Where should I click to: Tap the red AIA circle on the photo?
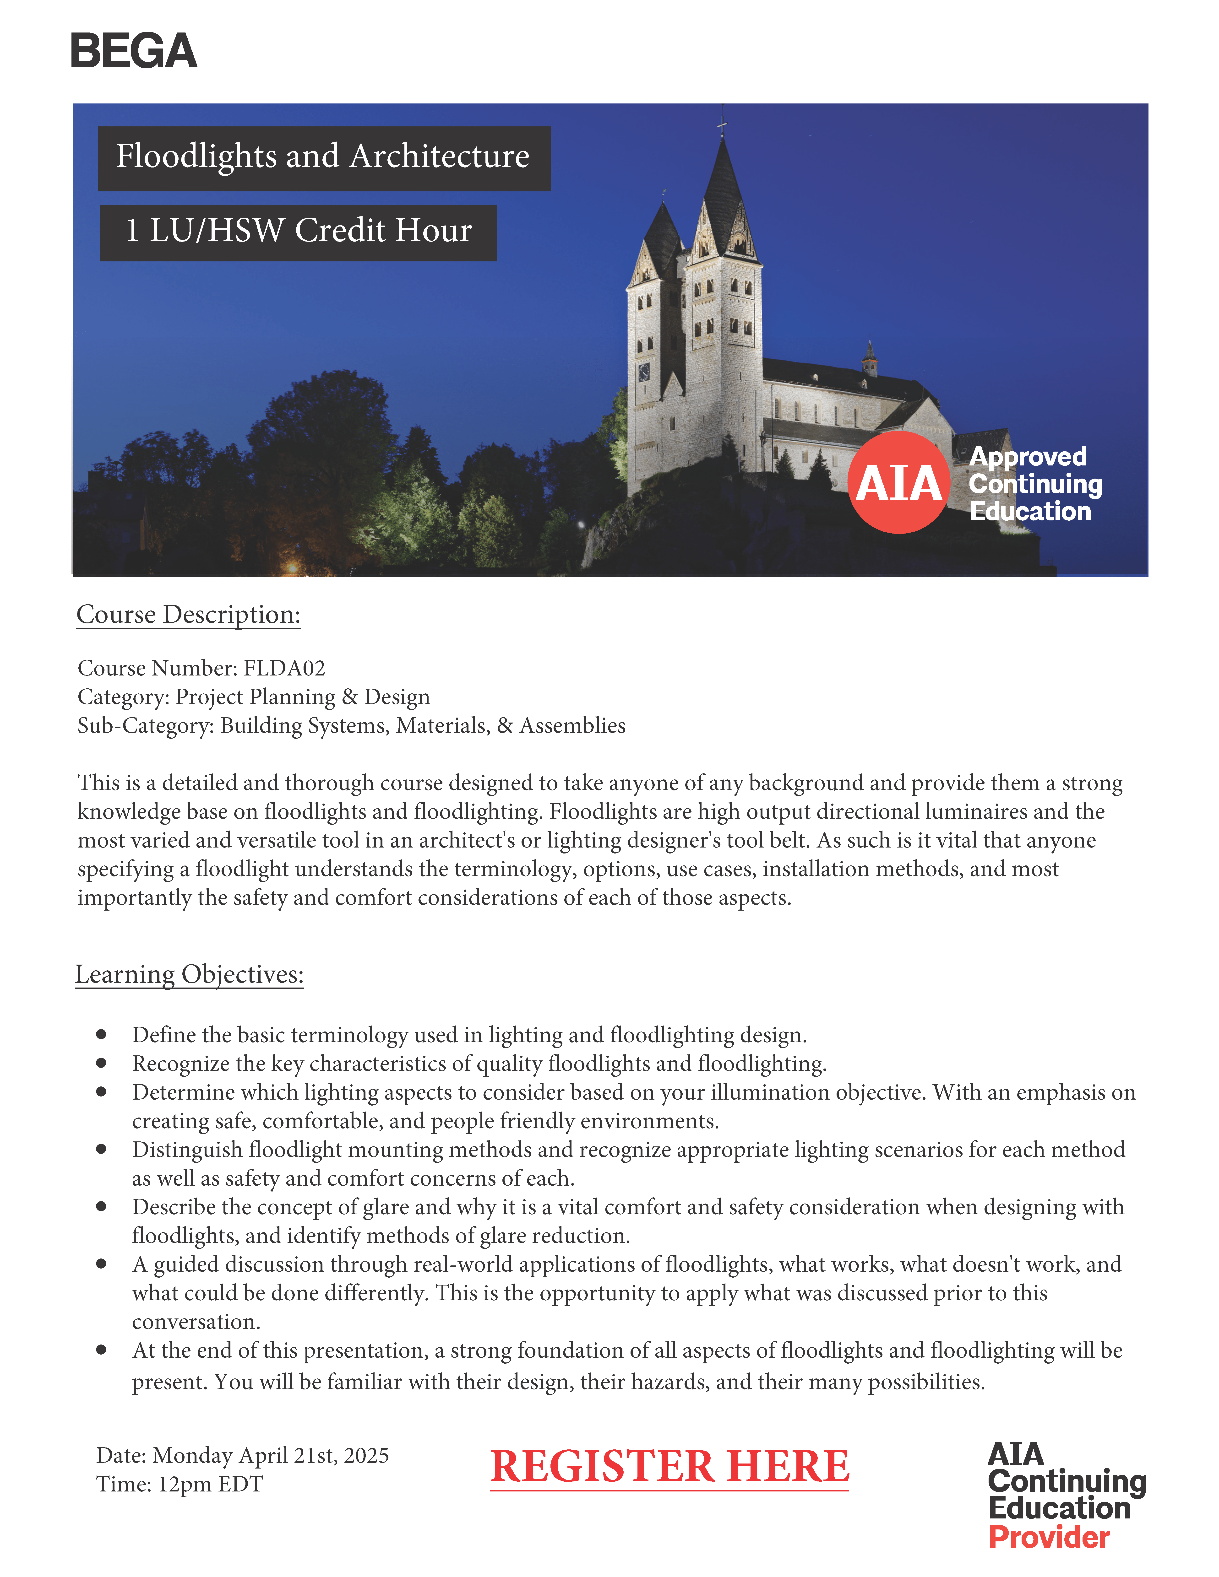tap(898, 482)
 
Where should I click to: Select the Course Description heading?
tap(189, 615)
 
